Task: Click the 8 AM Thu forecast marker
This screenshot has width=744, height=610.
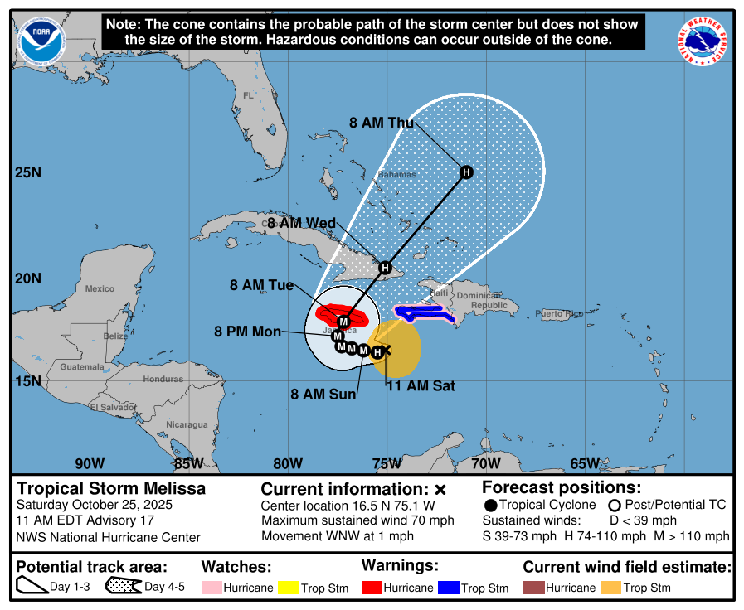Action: pos(466,172)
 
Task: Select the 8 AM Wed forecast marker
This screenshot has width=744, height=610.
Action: pos(385,268)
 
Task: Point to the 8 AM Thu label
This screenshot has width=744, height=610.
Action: pos(381,123)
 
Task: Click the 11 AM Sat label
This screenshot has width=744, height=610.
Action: pos(421,385)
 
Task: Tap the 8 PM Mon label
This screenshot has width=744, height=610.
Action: pos(247,332)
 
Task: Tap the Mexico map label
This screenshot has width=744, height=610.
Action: pos(100,288)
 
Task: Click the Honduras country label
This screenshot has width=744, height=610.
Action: pos(163,379)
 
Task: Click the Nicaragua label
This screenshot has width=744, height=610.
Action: pos(187,424)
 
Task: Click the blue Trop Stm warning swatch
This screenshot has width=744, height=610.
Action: pos(449,588)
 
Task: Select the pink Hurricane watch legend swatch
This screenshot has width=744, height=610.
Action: pos(211,588)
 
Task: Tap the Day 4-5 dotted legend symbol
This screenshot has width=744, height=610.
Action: pos(123,587)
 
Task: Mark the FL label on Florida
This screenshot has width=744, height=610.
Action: pos(247,96)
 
